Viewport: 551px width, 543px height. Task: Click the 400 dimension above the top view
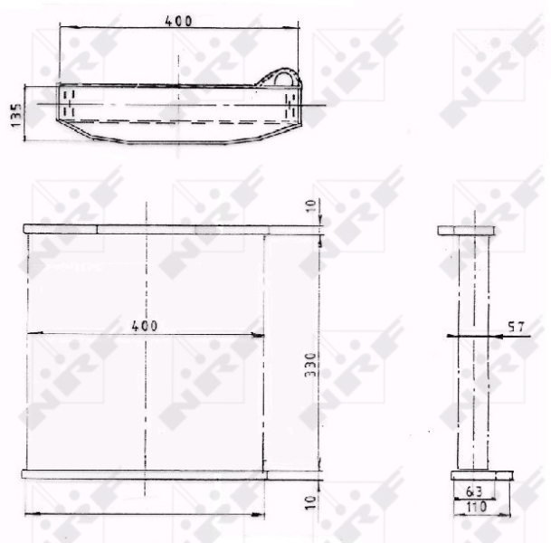[178, 21]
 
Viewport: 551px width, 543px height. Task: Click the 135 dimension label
[16, 115]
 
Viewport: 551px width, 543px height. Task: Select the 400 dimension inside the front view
[145, 326]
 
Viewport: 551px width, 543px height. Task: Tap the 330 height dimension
[310, 365]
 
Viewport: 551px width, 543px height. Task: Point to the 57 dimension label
[517, 328]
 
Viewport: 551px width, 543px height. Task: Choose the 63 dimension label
[474, 491]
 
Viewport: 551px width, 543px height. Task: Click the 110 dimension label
[476, 507]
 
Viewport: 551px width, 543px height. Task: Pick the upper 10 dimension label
[311, 205]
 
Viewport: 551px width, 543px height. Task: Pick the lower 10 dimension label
[311, 502]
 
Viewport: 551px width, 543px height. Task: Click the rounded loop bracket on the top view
[283, 71]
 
